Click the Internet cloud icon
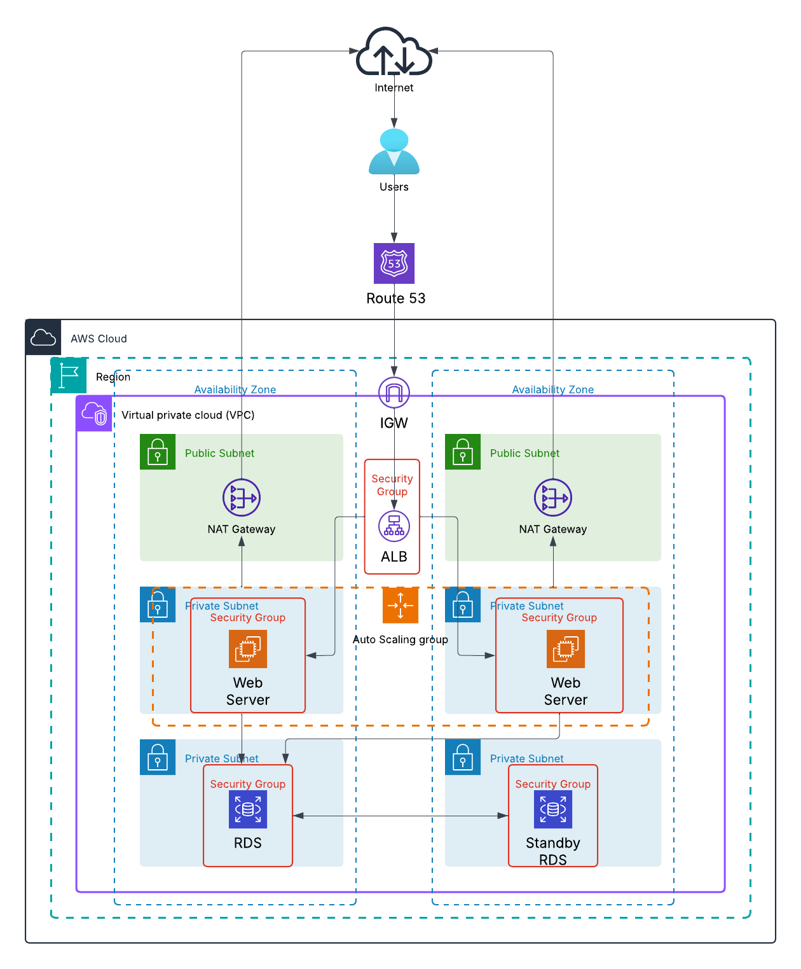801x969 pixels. click(394, 52)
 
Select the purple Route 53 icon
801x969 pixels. click(394, 263)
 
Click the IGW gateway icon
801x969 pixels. click(394, 393)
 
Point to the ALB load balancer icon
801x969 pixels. click(394, 526)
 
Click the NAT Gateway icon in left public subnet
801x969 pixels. click(242, 498)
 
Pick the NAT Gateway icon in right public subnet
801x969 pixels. click(553, 498)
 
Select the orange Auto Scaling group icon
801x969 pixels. click(400, 605)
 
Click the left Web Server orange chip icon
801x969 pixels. click(248, 649)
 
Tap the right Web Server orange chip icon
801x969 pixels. click(566, 649)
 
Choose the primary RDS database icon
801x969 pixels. click(248, 809)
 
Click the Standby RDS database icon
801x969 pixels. click(553, 809)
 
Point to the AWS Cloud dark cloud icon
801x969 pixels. click(43, 337)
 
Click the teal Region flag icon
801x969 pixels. click(69, 375)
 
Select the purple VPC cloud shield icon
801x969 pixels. click(94, 414)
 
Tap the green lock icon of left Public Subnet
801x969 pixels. click(158, 452)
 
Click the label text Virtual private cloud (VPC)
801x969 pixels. click(188, 415)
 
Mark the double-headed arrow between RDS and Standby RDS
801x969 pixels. click(400, 816)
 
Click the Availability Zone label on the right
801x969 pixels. click(553, 389)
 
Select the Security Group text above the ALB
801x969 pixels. click(392, 485)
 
